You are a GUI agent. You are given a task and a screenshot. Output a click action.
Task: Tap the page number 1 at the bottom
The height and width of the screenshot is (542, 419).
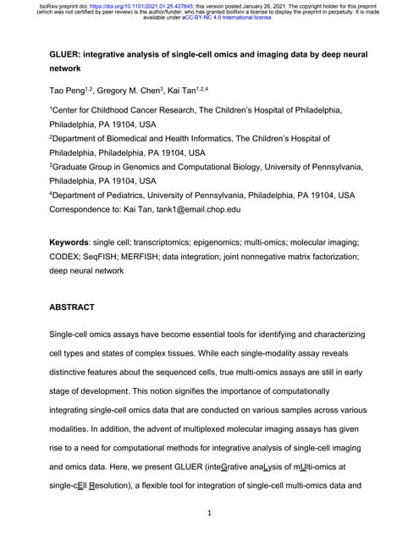click(x=209, y=514)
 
